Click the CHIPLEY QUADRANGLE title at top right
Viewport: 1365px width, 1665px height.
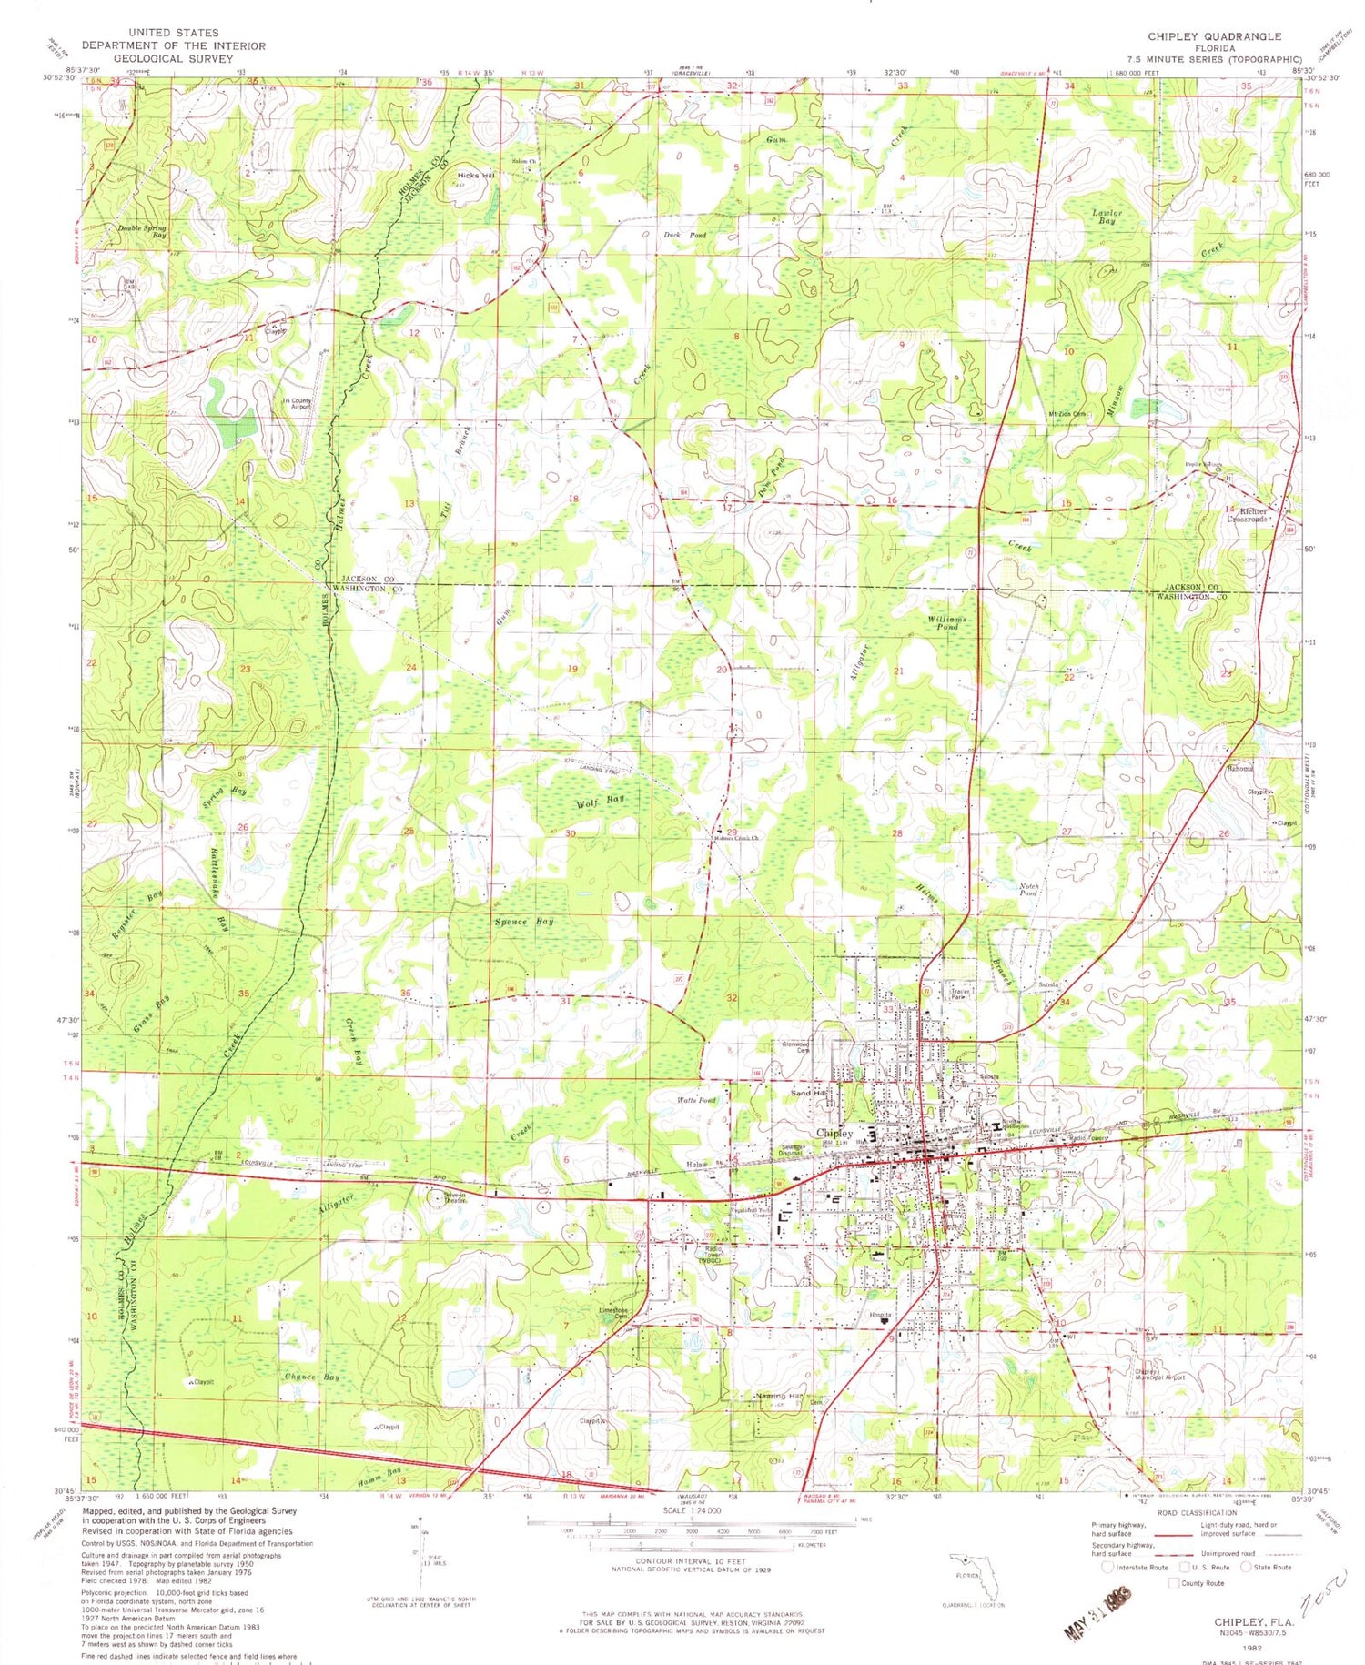(x=1214, y=36)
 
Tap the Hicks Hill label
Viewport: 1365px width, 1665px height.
(x=475, y=175)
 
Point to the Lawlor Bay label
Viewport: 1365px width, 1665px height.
(x=1107, y=217)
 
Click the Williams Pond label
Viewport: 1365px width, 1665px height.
(x=947, y=622)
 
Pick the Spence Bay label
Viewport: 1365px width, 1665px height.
(x=523, y=922)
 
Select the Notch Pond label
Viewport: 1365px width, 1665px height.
(x=1028, y=889)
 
